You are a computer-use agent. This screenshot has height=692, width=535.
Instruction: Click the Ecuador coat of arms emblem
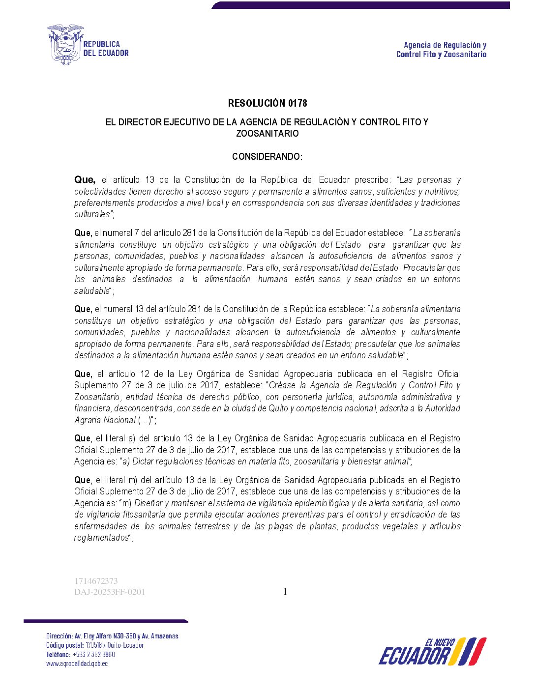pyautogui.click(x=65, y=45)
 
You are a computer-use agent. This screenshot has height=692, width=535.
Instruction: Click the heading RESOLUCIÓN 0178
pyautogui.click(x=267, y=103)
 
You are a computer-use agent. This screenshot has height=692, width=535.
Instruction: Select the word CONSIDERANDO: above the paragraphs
pyautogui.click(x=267, y=157)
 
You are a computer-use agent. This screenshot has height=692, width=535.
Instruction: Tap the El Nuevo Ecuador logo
pyautogui.click(x=432, y=652)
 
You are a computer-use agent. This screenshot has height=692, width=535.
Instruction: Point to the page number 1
pyautogui.click(x=285, y=592)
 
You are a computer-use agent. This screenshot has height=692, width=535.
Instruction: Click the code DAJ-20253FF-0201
pyautogui.click(x=110, y=592)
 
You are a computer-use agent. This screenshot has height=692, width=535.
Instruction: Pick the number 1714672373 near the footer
pyautogui.click(x=96, y=581)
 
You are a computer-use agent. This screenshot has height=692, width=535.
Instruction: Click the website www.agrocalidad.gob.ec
pyautogui.click(x=77, y=663)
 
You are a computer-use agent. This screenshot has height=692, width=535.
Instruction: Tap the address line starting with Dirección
pyautogui.click(x=112, y=636)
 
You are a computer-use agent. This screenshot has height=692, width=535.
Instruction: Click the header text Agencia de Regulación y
pyautogui.click(x=445, y=45)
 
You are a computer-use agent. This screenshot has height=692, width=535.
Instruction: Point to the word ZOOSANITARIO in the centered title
pyautogui.click(x=267, y=134)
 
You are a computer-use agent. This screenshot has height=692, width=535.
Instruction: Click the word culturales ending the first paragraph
pyautogui.click(x=92, y=214)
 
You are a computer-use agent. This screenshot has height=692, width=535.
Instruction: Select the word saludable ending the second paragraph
pyautogui.click(x=92, y=291)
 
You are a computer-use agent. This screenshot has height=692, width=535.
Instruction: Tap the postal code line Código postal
pyautogui.click(x=95, y=645)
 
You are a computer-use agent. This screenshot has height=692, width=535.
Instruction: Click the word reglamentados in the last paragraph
pyautogui.click(x=101, y=538)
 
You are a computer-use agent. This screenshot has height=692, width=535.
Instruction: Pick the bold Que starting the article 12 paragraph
pyautogui.click(x=83, y=374)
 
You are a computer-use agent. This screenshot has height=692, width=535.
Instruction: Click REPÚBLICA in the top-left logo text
pyautogui.click(x=102, y=44)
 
